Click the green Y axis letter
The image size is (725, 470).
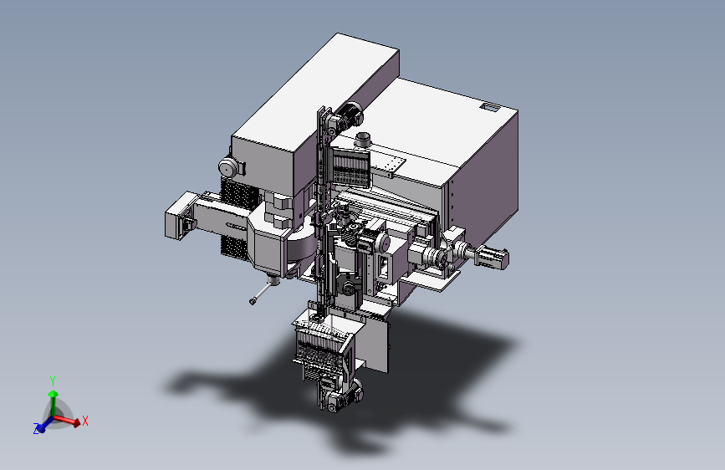click(53, 381)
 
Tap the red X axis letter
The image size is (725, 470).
click(85, 421)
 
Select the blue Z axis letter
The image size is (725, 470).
click(36, 429)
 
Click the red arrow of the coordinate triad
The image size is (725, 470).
click(66, 420)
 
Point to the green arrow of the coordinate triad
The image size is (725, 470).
click(54, 403)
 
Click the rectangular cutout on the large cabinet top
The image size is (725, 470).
click(490, 107)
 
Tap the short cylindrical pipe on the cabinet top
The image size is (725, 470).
click(363, 139)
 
